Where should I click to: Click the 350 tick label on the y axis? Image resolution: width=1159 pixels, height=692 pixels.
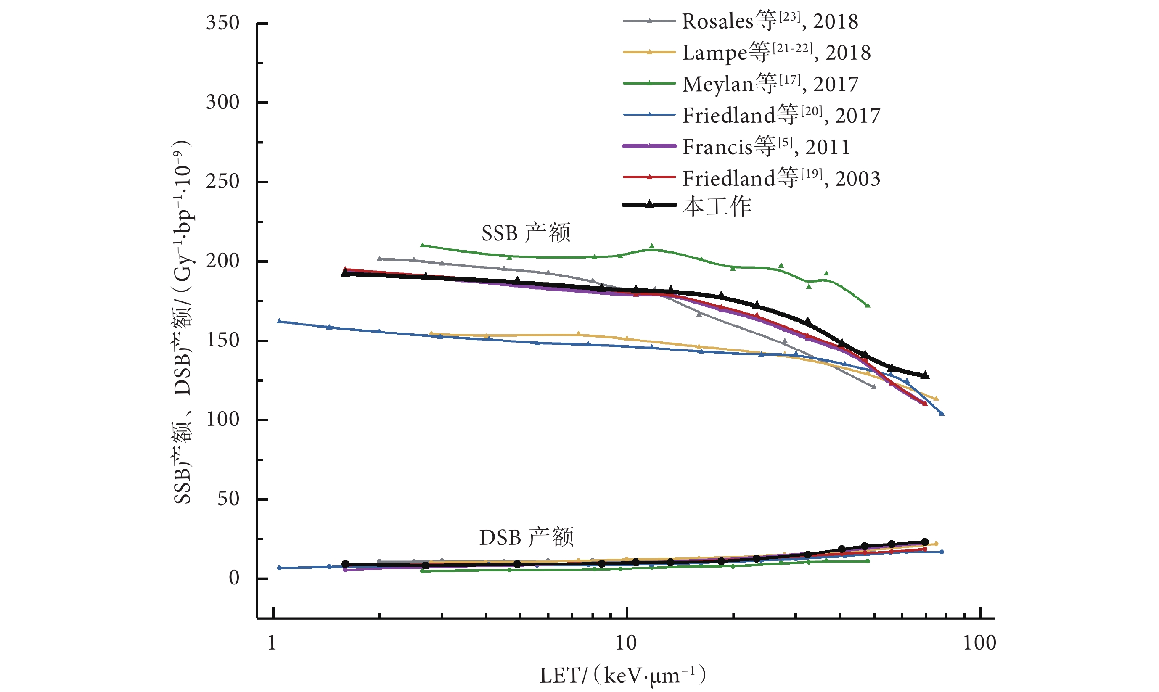click(x=223, y=23)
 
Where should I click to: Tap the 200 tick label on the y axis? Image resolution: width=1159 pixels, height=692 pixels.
click(x=223, y=261)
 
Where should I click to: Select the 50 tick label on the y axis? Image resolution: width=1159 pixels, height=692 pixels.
click(x=228, y=499)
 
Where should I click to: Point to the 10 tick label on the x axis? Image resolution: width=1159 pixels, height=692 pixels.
click(x=626, y=642)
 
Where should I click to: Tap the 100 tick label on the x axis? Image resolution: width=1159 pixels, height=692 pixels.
click(x=979, y=642)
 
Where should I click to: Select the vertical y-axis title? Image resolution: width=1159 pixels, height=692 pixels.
click(x=183, y=322)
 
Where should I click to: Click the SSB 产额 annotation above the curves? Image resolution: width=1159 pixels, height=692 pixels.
click(x=526, y=232)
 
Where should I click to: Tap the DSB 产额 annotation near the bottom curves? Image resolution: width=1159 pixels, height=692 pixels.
click(x=526, y=537)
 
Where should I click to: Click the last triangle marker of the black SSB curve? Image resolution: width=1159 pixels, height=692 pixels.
click(x=925, y=375)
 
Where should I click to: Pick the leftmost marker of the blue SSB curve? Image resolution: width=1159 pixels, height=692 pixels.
click(x=279, y=321)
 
